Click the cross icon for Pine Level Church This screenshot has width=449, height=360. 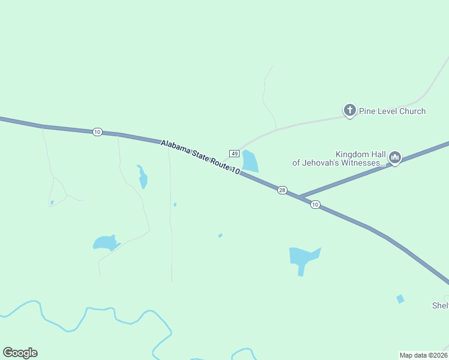click(349, 110)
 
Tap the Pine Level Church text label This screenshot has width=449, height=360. click(392, 111)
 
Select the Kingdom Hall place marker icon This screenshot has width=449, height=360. click(395, 158)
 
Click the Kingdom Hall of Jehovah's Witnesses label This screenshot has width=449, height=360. click(338, 158)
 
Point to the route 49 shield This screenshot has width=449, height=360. click(234, 154)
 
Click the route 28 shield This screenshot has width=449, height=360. click(282, 190)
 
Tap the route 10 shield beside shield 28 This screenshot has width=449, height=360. click(315, 205)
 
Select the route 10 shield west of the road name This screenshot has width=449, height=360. click(97, 132)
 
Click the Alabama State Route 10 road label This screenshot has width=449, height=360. click(200, 157)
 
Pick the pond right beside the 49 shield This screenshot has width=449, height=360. click(250, 161)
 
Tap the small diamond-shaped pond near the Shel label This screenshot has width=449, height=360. click(400, 299)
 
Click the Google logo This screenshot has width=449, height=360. click(20, 353)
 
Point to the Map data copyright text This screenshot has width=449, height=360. click(424, 355)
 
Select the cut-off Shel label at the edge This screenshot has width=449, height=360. click(441, 305)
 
